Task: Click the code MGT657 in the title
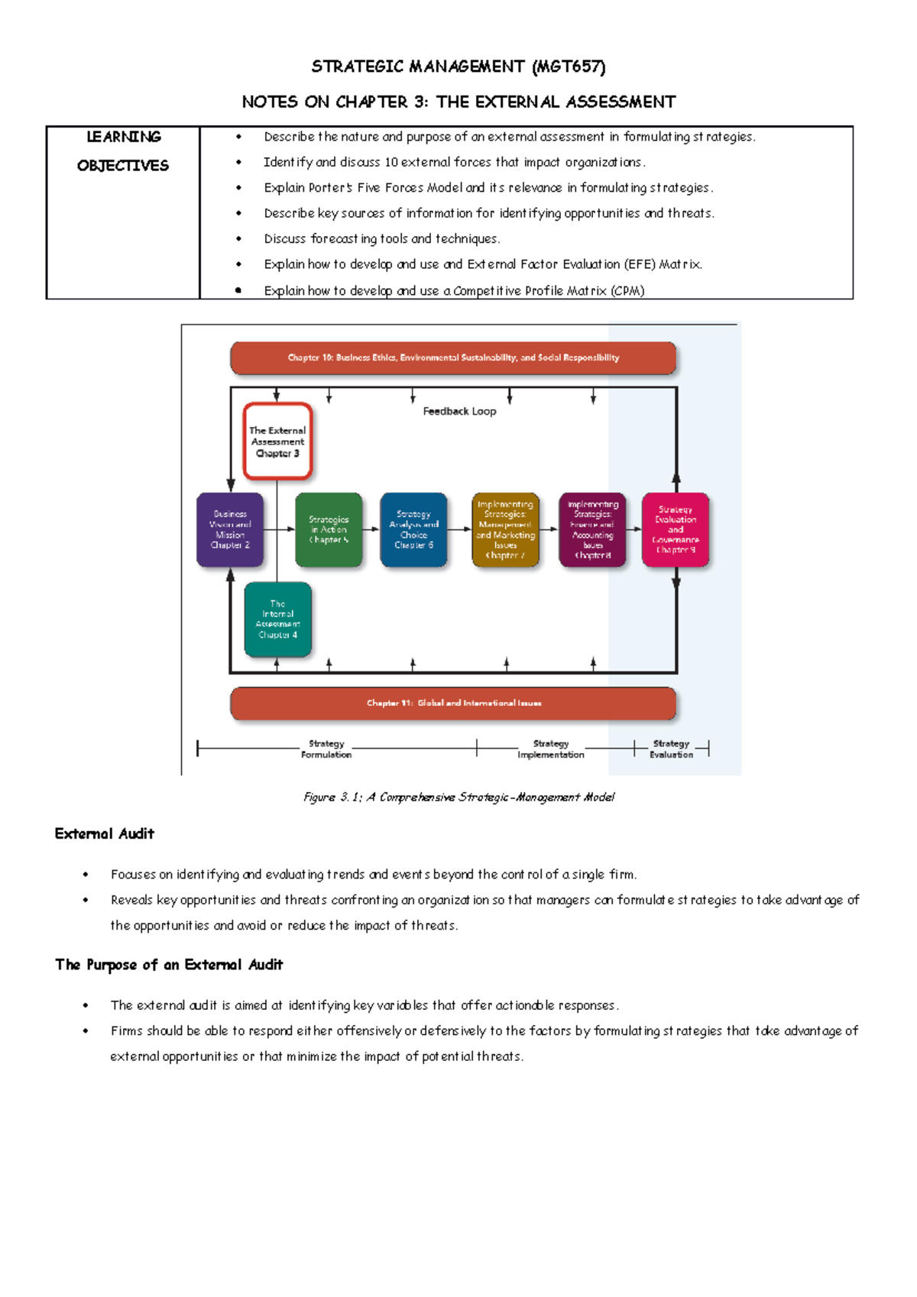(569, 66)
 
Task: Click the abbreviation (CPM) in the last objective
(627, 291)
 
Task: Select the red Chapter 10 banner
(453, 358)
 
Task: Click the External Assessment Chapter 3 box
(277, 441)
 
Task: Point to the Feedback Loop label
(459, 411)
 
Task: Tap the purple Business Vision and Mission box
(230, 529)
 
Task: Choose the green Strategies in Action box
(329, 529)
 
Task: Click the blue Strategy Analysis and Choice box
(413, 529)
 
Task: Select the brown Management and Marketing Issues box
(505, 529)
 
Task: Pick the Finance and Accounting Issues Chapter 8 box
(593, 529)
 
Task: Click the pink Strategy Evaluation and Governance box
(676, 529)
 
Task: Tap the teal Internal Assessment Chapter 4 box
(277, 619)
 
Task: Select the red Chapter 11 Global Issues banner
(453, 703)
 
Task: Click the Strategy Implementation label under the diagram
(551, 749)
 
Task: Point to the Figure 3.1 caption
(458, 797)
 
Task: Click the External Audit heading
(105, 834)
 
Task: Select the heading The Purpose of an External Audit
(169, 965)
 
